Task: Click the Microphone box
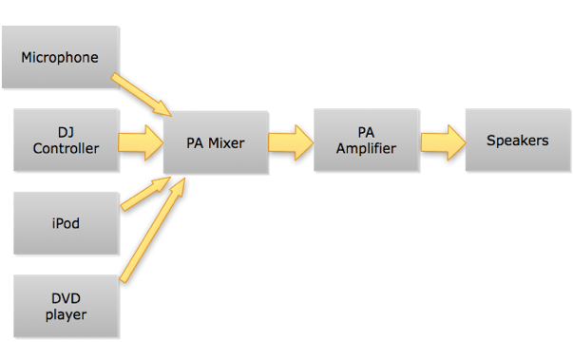pyautogui.click(x=61, y=58)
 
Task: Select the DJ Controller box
pyautogui.click(x=66, y=141)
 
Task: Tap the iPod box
pyautogui.click(x=66, y=224)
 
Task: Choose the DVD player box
pyautogui.click(x=66, y=307)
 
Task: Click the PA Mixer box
pyautogui.click(x=215, y=143)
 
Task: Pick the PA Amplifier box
pyautogui.click(x=366, y=141)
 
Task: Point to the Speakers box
pyautogui.click(x=517, y=141)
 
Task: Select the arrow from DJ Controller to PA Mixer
pyautogui.click(x=141, y=142)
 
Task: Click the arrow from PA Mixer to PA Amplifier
pyautogui.click(x=291, y=142)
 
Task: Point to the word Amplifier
pyautogui.click(x=366, y=149)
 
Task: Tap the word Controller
pyautogui.click(x=66, y=149)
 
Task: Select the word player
pyautogui.click(x=66, y=315)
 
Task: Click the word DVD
pyautogui.click(x=66, y=299)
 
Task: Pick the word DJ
pyautogui.click(x=66, y=133)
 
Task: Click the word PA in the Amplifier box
pyautogui.click(x=366, y=133)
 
